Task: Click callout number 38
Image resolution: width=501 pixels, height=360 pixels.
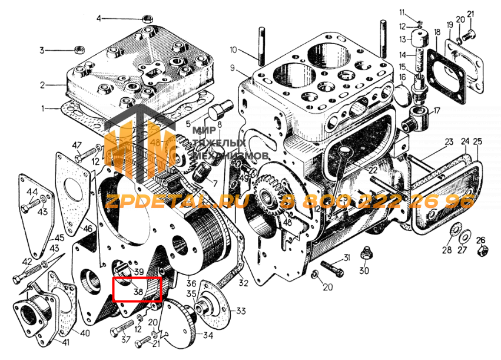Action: click(138, 290)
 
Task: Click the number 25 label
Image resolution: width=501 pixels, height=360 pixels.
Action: click(477, 141)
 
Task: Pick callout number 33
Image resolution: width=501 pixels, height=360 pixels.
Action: click(241, 311)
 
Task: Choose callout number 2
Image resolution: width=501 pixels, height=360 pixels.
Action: click(42, 85)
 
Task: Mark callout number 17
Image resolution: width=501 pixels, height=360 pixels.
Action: click(436, 110)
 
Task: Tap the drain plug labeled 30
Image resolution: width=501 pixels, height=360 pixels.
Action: click(364, 255)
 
